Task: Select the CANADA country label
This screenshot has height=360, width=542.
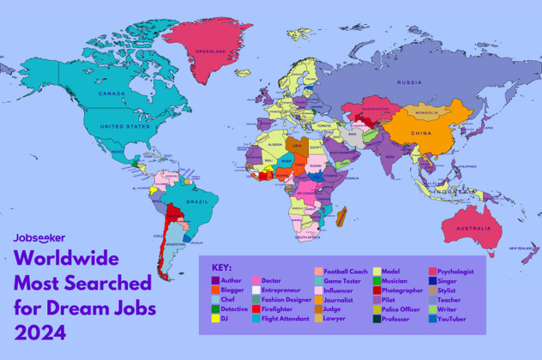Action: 112,93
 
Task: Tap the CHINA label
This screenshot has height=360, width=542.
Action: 421,134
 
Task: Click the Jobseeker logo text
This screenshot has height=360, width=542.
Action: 39,237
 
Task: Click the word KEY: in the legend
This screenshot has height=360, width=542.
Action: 221,267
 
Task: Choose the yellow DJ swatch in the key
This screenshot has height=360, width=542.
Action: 215,319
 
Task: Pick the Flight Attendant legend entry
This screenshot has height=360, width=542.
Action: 288,319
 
